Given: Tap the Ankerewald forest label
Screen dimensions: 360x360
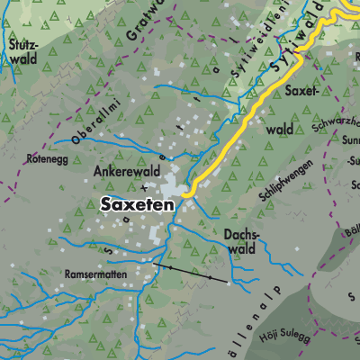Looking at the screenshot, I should tap(126, 168).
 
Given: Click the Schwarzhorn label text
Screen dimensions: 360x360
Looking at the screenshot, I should tap(335, 124).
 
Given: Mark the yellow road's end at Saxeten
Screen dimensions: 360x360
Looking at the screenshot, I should tap(184, 193).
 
